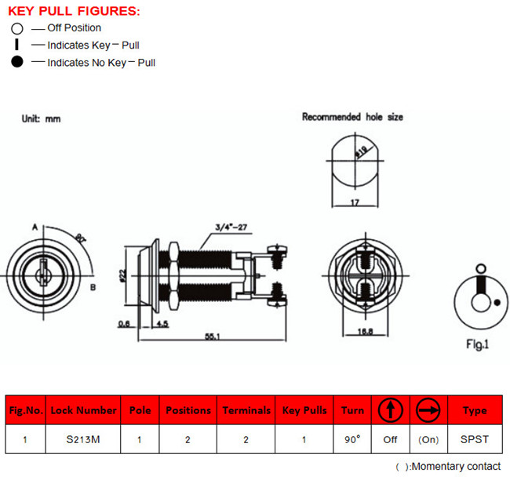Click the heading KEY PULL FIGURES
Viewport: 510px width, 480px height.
tap(75, 11)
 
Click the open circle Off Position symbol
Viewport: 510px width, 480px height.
tap(16, 29)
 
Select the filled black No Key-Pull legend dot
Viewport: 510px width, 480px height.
tap(16, 62)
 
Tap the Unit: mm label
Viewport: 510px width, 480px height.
tap(40, 118)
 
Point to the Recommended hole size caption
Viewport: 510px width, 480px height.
tap(352, 117)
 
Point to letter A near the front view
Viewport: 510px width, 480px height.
tap(35, 227)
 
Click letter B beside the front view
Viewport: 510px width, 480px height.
tap(93, 287)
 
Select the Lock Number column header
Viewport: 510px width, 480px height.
tap(83, 409)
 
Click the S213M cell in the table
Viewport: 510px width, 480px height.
tap(83, 439)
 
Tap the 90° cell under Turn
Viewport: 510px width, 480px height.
tap(352, 439)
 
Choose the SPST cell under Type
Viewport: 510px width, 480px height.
tap(475, 439)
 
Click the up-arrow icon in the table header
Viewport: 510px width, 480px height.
tap(391, 409)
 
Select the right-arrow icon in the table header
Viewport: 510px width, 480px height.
tap(428, 409)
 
